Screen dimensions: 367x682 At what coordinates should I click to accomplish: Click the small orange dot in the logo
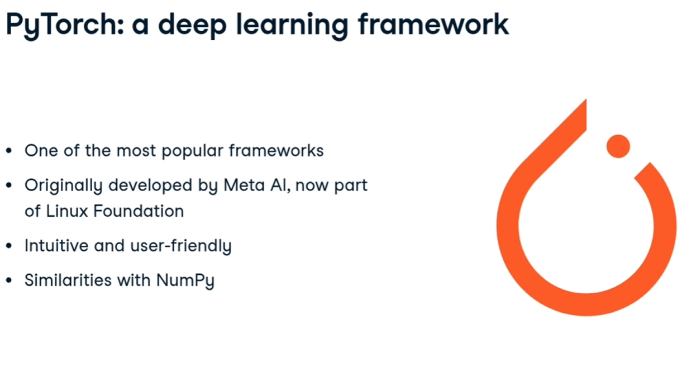click(x=618, y=146)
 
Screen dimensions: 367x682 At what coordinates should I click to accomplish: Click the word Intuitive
click(x=56, y=246)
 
